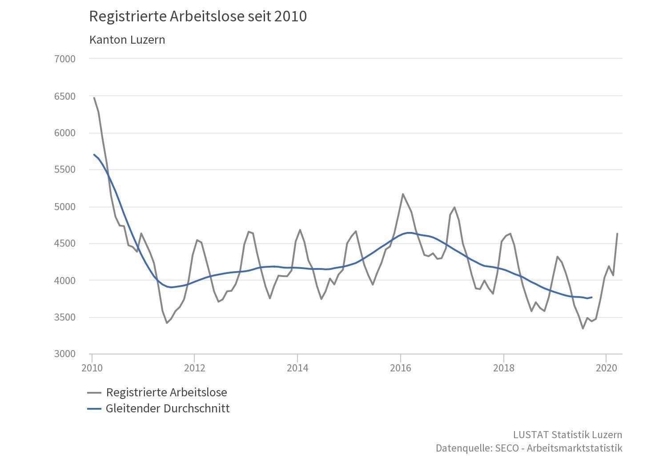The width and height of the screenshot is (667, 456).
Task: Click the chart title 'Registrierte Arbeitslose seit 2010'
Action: (x=198, y=16)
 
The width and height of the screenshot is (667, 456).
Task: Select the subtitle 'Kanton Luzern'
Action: (x=127, y=40)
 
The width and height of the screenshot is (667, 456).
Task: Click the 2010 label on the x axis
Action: (x=92, y=368)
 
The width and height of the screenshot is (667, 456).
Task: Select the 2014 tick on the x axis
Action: (x=297, y=368)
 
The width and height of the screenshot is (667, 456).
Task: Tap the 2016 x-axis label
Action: (x=400, y=368)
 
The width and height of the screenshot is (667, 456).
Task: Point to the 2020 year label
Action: (x=606, y=368)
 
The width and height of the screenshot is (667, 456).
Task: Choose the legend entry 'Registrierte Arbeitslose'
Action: (x=166, y=392)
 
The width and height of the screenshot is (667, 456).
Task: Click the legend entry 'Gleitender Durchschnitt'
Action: (x=168, y=408)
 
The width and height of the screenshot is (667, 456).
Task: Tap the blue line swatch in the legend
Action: (x=94, y=409)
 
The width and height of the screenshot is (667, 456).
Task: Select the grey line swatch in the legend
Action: (x=94, y=393)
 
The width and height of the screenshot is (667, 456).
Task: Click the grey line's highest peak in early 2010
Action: (x=94, y=98)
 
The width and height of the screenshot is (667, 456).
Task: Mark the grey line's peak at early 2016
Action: (x=403, y=194)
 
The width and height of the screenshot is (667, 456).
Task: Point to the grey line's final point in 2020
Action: (x=617, y=234)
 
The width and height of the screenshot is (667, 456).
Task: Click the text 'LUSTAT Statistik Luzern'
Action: (x=567, y=435)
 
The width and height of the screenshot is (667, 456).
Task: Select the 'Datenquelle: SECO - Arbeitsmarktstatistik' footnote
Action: (x=529, y=448)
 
